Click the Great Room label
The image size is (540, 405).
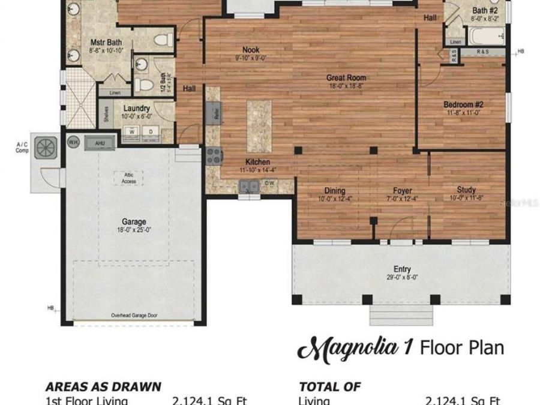click(x=346, y=77)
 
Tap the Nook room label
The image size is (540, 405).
click(x=250, y=49)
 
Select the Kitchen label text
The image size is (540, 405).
click(x=257, y=162)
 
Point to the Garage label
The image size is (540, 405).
click(x=134, y=222)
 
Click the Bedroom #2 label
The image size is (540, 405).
click(x=464, y=104)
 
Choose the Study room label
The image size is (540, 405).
click(x=466, y=188)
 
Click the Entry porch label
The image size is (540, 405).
click(x=402, y=269)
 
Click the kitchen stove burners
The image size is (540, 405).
click(x=214, y=155)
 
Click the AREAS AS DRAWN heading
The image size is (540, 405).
click(x=103, y=387)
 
